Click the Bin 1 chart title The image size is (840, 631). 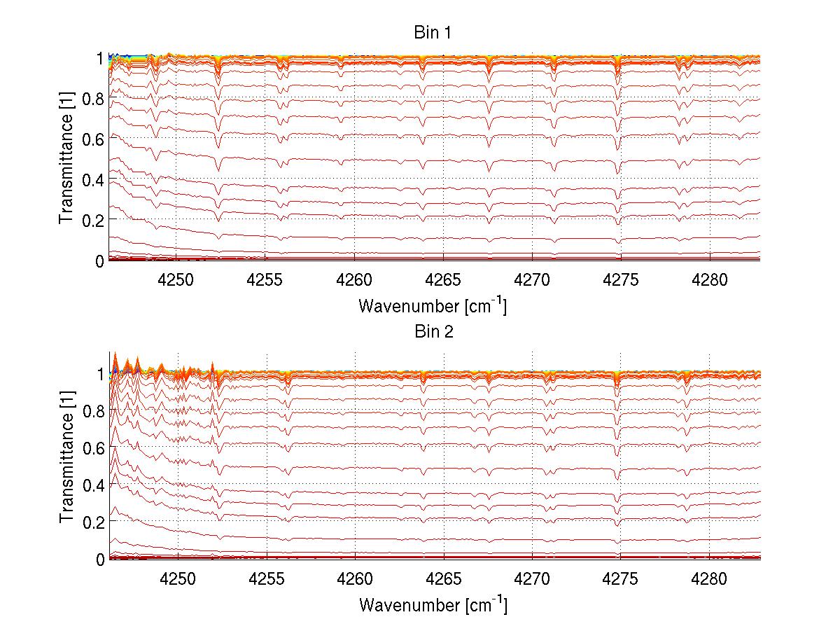pos(433,33)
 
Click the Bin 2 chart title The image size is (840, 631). pos(433,332)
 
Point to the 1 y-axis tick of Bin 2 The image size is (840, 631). pos(100,374)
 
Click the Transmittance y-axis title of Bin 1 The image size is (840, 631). pos(66,159)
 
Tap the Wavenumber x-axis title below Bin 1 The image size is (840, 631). pos(433,306)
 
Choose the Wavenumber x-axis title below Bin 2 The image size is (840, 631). pos(433,605)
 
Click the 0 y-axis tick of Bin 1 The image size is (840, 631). pos(100,261)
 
